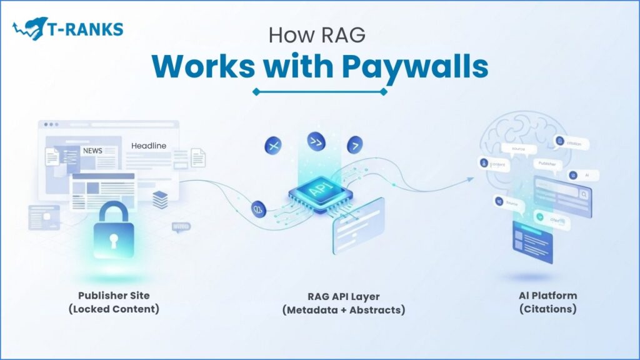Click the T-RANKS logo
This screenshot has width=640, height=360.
(x=67, y=29)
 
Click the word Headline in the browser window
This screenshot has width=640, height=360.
(x=149, y=146)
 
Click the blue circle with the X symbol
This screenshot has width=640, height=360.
(x=272, y=146)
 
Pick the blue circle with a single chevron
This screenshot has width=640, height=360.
(x=356, y=144)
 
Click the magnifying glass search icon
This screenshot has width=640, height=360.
(x=583, y=195)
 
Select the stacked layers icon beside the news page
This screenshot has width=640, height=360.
(x=160, y=200)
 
